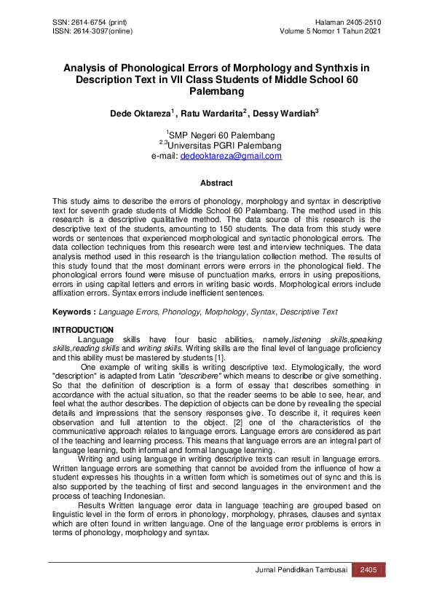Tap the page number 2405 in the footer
click(368, 569)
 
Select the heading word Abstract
click(216, 183)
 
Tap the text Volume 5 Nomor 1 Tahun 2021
click(331, 31)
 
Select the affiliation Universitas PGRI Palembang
click(221, 146)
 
